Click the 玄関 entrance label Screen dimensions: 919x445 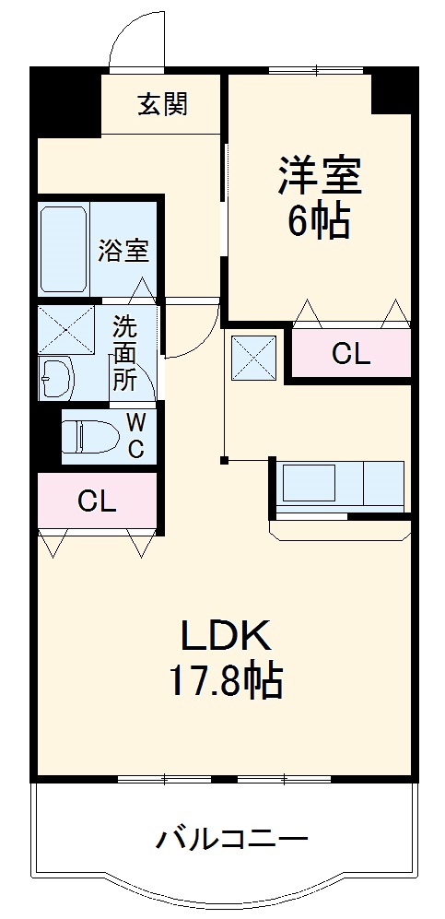163,105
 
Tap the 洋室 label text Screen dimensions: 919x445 320,175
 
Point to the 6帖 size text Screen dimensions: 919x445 319,222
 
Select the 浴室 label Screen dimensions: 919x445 123,251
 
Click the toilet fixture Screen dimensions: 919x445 89,435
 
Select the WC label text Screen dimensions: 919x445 135,436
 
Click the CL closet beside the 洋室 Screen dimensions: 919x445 351,354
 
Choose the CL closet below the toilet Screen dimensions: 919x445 97,501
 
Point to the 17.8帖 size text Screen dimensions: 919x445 224,681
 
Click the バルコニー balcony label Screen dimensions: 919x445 230,839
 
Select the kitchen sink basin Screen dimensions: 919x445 310,482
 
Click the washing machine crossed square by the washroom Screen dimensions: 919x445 64,327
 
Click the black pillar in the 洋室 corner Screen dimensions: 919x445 391,93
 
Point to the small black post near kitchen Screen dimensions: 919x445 224,459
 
